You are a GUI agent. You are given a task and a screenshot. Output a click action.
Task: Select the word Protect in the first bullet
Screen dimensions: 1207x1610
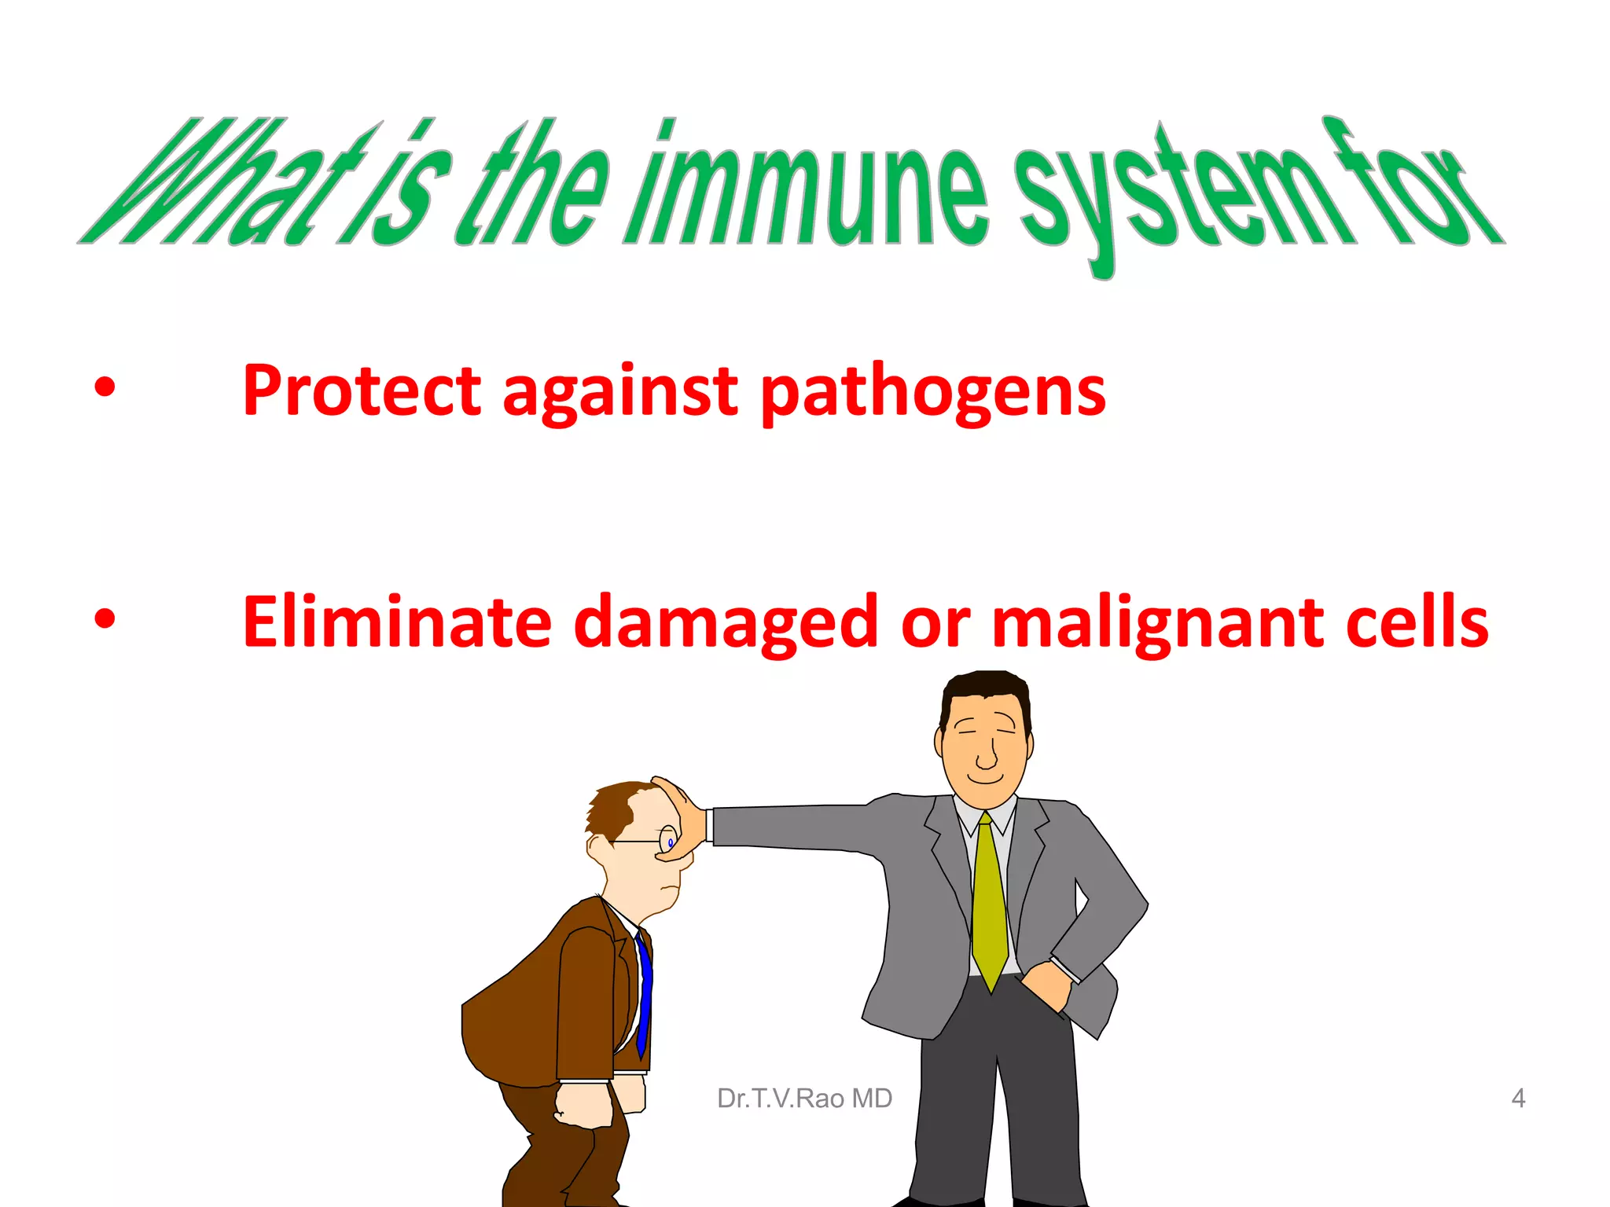[361, 391]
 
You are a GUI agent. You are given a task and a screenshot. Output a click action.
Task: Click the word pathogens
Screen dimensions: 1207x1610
[933, 392]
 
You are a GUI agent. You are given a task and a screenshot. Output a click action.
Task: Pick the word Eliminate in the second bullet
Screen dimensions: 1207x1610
[397, 622]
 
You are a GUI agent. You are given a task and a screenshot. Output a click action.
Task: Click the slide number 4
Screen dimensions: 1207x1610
[1518, 1098]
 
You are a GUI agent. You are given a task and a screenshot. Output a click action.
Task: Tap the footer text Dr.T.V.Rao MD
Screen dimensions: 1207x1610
[804, 1098]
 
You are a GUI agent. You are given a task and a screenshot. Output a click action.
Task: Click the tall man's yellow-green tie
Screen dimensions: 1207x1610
[989, 904]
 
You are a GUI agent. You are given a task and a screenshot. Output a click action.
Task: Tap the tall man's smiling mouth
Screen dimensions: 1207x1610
[985, 779]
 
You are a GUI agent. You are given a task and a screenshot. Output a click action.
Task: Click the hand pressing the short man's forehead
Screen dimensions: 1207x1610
[682, 817]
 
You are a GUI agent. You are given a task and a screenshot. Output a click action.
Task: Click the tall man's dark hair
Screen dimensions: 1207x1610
[985, 688]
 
